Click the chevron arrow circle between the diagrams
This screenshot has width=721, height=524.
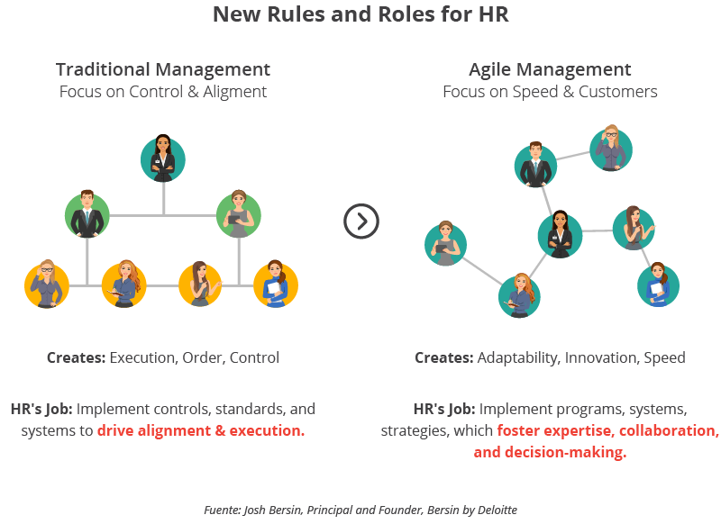(361, 221)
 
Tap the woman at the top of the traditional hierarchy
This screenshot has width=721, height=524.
(163, 158)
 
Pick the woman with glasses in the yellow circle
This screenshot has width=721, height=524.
(47, 285)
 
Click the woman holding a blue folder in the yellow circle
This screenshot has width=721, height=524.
(274, 285)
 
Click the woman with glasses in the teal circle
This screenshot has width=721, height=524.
(611, 149)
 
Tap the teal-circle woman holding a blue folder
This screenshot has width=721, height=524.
(657, 285)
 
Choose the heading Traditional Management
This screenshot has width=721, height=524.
(163, 69)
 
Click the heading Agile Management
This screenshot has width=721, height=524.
(550, 69)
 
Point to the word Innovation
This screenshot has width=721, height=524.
(603, 357)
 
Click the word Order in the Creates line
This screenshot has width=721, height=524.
(202, 357)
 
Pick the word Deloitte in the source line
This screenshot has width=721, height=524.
(494, 510)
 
